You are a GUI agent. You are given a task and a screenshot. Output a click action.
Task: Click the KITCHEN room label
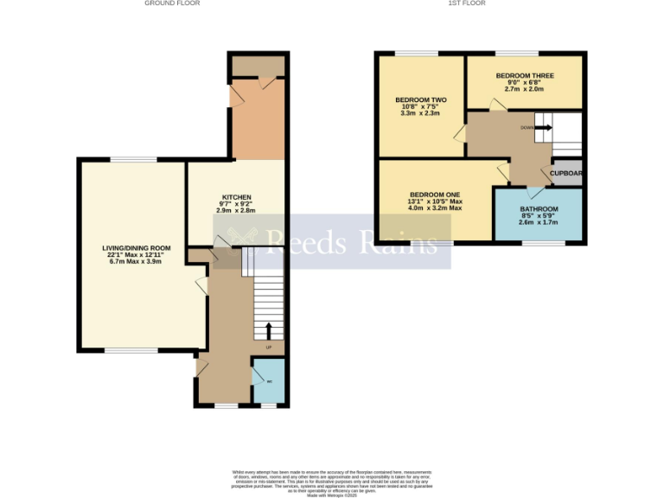235,196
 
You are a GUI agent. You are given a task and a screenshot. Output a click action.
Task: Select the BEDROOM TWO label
413,99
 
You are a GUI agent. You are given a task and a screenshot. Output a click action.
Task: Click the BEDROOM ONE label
435,195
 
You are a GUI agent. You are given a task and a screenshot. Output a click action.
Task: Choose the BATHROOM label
539,209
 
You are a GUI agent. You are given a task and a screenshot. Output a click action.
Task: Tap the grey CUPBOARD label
566,173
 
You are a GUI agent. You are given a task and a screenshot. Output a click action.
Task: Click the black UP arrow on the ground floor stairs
268,331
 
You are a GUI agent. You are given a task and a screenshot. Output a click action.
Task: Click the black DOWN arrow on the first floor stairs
543,128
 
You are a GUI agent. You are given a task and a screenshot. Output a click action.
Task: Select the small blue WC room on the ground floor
269,380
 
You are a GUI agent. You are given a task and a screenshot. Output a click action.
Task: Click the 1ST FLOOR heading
466,3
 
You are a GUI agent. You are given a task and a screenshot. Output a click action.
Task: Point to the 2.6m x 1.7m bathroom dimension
539,223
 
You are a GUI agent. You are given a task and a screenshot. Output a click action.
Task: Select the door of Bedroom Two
460,134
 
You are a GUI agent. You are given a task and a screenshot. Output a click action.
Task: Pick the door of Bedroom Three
497,105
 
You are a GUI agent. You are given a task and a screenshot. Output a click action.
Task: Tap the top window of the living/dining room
133,159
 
